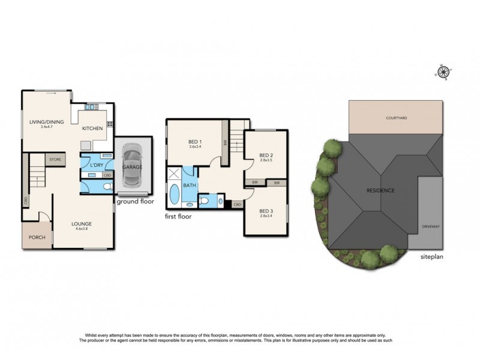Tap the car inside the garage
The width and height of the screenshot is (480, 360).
click(x=132, y=166)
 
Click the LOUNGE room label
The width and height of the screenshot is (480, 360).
click(x=83, y=224)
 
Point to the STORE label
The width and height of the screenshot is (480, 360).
click(x=55, y=160)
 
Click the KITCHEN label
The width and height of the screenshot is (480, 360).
click(x=92, y=128)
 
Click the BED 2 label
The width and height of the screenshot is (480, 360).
click(x=266, y=155)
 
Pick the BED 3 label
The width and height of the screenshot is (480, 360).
click(x=266, y=211)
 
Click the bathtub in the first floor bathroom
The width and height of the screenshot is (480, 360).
click(x=175, y=196)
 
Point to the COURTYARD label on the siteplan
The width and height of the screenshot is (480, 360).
click(x=396, y=118)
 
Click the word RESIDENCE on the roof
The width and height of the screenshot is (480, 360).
click(x=380, y=190)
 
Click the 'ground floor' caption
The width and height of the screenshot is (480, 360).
click(x=136, y=202)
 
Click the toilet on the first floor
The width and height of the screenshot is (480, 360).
click(x=204, y=200)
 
